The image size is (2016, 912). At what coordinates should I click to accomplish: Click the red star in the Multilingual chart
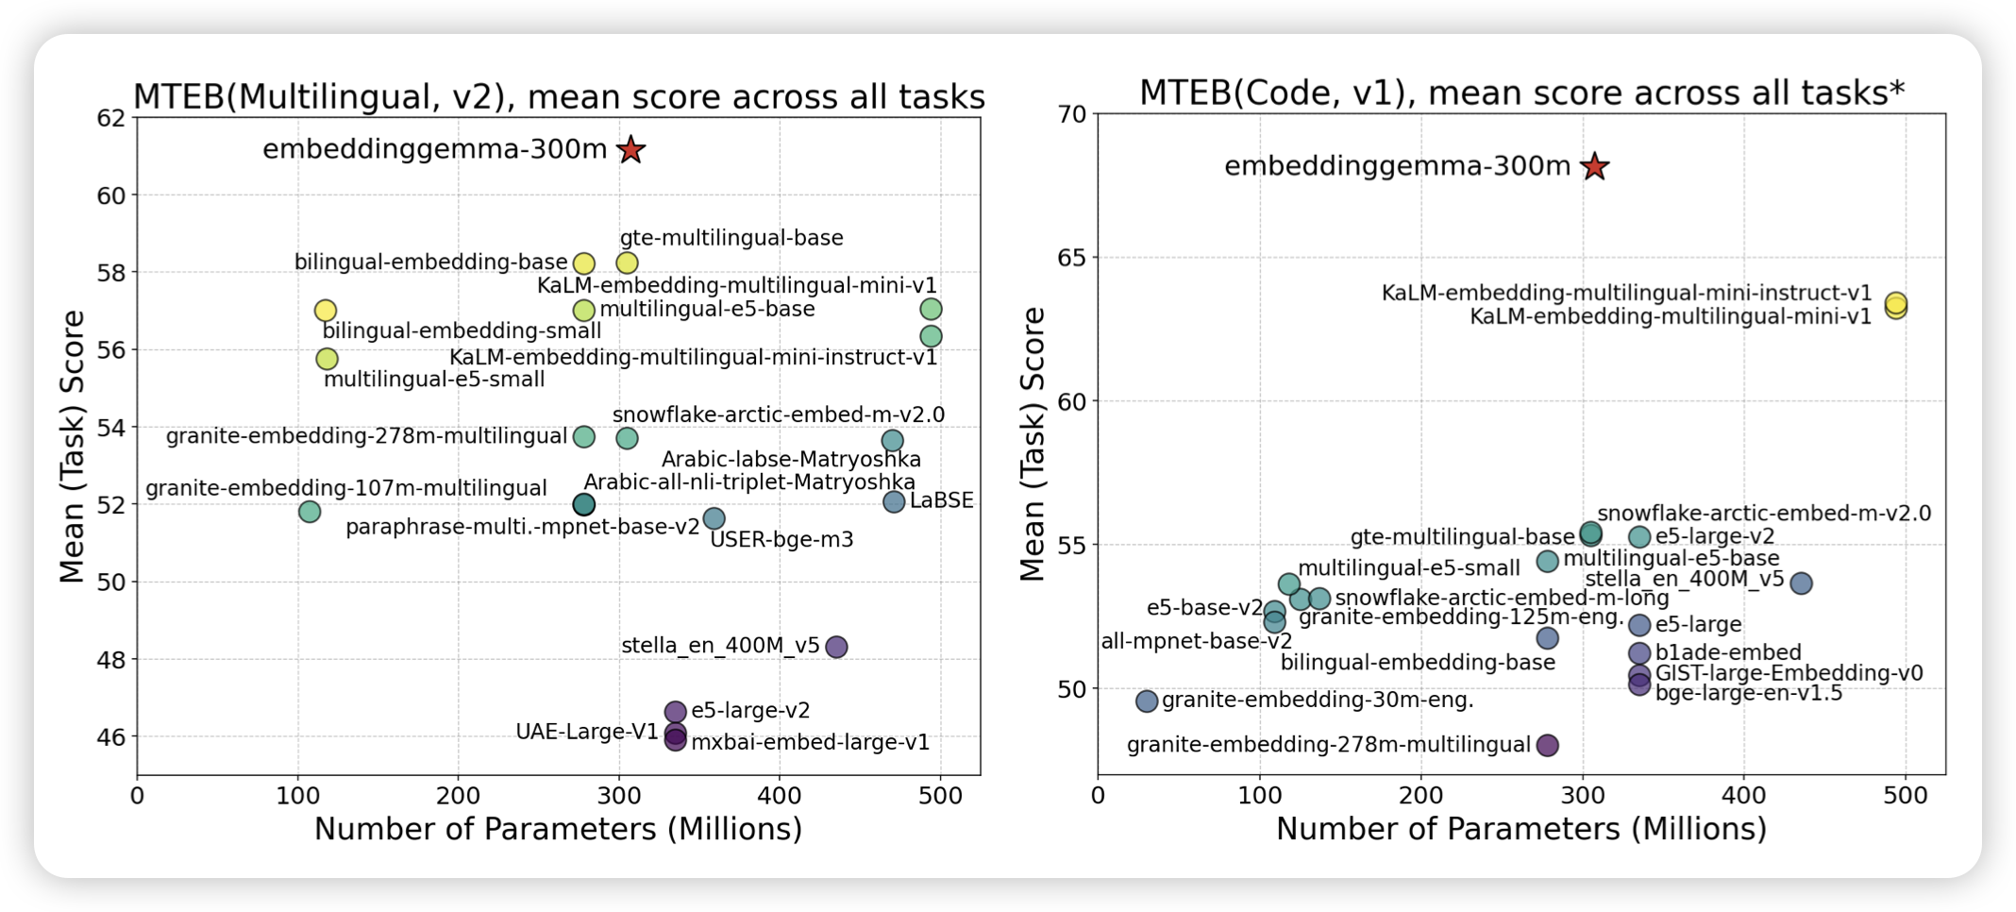(630, 149)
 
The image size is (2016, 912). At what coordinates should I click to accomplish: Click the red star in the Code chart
(1594, 166)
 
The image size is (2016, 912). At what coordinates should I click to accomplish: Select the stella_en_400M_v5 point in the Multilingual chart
(835, 647)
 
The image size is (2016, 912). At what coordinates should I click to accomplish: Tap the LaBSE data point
(894, 501)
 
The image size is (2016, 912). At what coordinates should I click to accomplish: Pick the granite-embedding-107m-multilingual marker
(310, 512)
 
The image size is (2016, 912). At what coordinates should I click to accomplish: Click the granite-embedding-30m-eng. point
(1147, 701)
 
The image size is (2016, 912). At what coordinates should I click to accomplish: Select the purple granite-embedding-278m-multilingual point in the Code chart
(1547, 745)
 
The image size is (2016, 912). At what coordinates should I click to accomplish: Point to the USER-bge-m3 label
(781, 540)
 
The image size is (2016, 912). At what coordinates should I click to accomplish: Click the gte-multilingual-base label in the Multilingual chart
(731, 238)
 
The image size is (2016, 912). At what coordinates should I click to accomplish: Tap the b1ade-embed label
(1728, 652)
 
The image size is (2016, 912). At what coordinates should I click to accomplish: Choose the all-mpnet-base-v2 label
(1196, 641)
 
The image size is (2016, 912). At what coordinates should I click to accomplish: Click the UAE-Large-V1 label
(586, 732)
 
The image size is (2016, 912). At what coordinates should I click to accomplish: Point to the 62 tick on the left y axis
(110, 118)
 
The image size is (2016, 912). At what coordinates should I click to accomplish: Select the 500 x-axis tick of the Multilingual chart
(940, 796)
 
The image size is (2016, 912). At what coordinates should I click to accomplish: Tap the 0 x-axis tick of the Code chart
(1098, 796)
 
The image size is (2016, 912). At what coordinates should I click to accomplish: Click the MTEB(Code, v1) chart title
(1521, 93)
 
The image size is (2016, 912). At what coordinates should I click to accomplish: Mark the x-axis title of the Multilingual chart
(558, 829)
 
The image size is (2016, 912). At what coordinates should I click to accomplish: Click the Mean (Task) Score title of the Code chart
(1033, 444)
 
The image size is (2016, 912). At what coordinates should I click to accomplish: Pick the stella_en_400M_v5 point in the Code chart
(1801, 583)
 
